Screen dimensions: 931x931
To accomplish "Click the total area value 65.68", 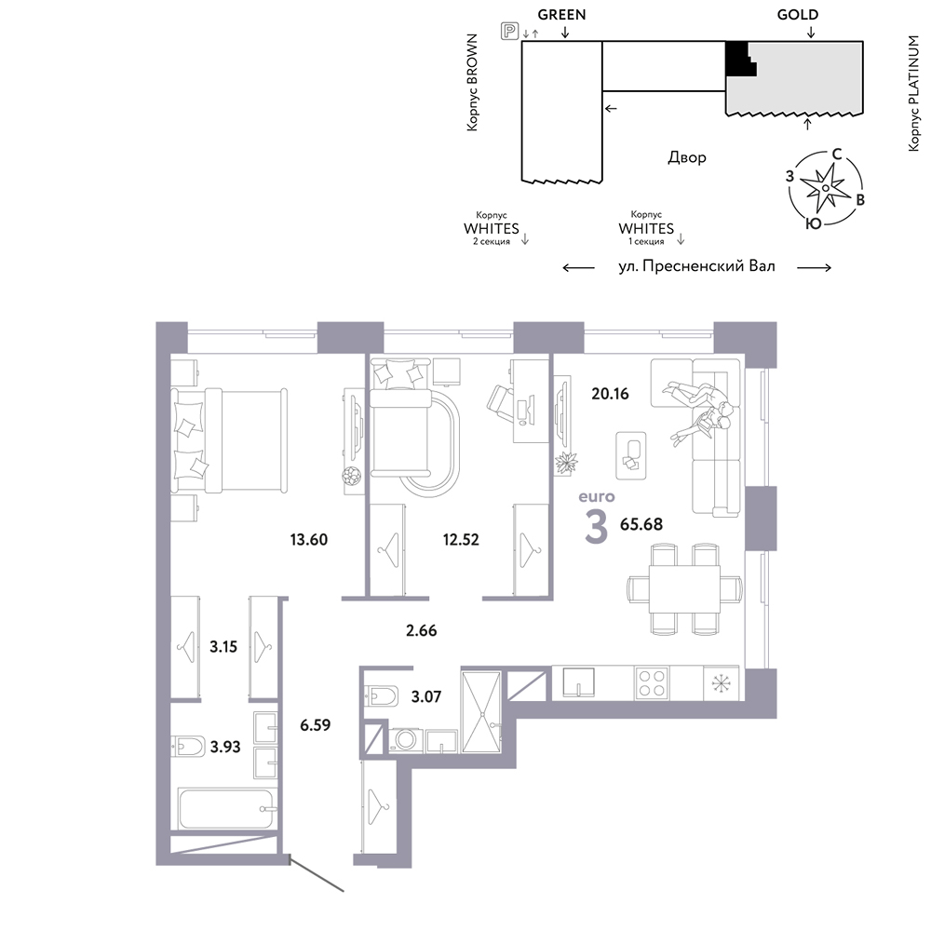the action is click(641, 524).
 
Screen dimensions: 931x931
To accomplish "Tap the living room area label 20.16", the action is click(610, 394).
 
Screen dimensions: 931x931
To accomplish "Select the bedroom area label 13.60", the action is click(309, 540).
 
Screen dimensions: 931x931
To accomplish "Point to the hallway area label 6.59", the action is click(315, 725).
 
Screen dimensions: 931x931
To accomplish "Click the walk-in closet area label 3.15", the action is click(223, 647).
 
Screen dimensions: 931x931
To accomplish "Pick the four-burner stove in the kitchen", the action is click(652, 682).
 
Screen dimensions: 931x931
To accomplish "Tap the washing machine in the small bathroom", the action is click(407, 740).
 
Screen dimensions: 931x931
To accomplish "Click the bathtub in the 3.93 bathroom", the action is click(227, 808).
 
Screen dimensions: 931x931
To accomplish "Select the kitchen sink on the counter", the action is click(578, 681).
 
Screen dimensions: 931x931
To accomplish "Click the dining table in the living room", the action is click(684, 589).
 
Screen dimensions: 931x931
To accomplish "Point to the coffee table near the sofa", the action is click(631, 455).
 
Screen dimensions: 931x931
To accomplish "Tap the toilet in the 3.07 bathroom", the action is click(383, 695).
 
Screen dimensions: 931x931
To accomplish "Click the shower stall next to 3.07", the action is click(481, 711).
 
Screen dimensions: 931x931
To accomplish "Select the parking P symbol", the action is click(509, 31).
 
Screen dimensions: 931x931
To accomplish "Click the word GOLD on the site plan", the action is click(798, 15).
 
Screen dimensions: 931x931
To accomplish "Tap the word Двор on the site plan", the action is click(687, 158).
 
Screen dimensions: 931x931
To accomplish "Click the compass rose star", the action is click(825, 188).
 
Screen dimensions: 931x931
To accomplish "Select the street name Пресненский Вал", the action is click(708, 266).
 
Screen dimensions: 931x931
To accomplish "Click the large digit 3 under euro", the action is click(596, 527).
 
